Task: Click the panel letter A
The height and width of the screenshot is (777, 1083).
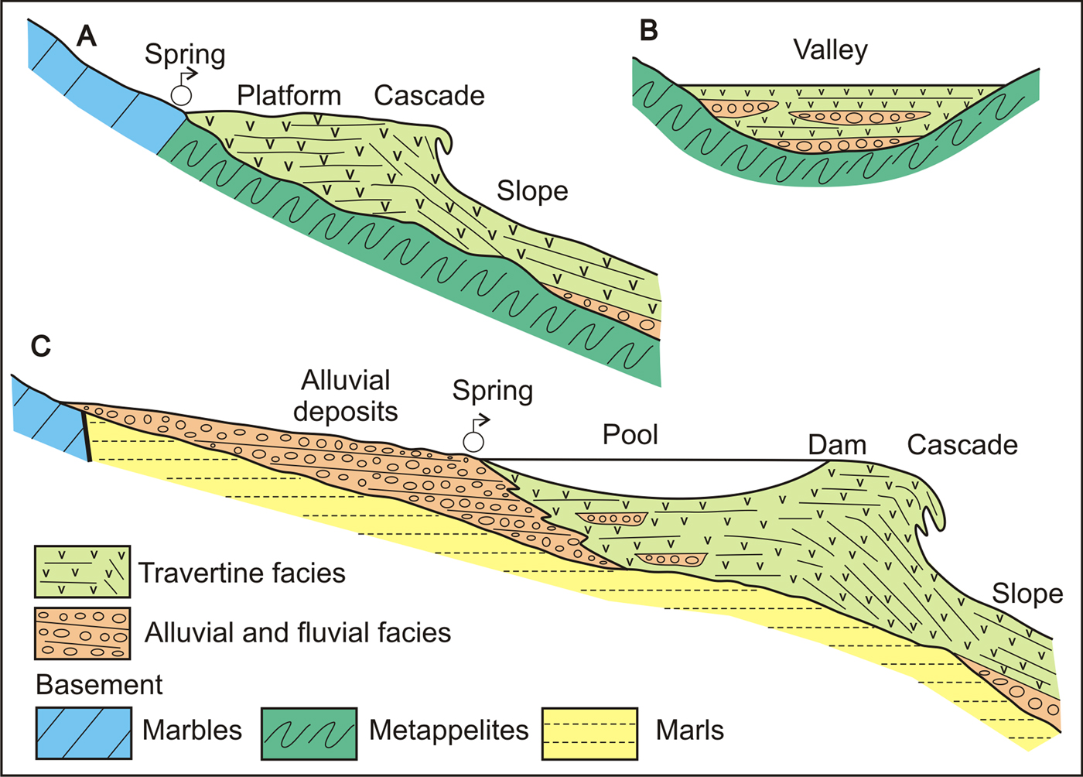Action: [86, 36]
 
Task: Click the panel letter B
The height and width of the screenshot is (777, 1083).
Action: [649, 31]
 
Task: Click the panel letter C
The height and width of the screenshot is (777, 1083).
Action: [40, 346]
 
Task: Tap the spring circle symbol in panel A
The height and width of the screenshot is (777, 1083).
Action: [181, 94]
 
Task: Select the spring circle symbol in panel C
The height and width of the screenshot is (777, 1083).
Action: [473, 441]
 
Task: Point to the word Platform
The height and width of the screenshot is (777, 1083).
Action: [289, 96]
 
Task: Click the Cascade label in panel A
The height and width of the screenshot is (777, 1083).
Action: [429, 96]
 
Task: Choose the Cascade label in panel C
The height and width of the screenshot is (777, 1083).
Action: [962, 445]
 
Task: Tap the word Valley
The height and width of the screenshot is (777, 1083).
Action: [830, 51]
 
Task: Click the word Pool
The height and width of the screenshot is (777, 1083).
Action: [630, 435]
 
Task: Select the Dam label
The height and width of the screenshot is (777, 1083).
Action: [837, 445]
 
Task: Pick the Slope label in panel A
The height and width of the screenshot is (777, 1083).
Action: [532, 191]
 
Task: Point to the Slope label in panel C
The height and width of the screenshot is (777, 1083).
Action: [1027, 594]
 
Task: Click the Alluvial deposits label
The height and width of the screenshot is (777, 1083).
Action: [346, 395]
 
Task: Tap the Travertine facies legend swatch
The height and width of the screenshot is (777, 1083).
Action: [82, 572]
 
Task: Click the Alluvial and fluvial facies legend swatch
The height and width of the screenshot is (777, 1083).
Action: [82, 633]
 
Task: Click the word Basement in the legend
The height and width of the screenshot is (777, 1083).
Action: [100, 685]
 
